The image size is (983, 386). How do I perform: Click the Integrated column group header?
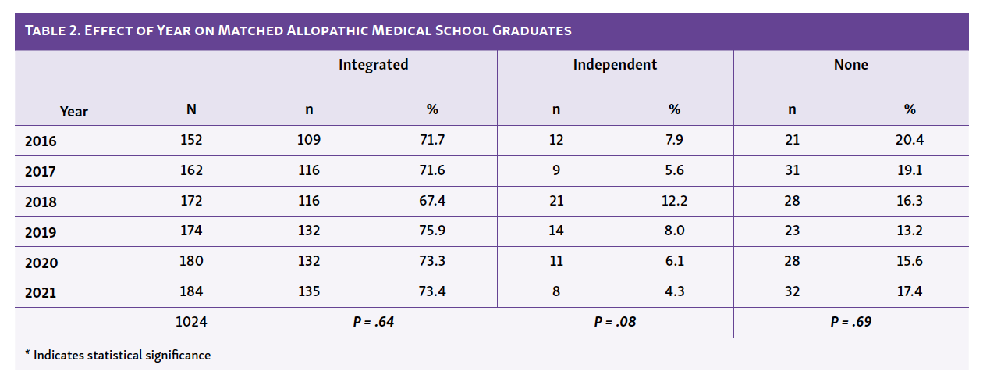point(373,65)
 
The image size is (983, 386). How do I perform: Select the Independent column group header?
point(615,65)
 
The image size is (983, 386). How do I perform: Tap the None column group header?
point(850,65)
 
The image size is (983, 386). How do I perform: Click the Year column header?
point(74,111)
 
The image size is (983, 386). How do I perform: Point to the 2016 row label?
point(41,141)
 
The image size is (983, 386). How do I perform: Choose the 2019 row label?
point(41,233)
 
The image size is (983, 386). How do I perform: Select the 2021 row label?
point(41,293)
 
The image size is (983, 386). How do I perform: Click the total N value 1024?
point(191,321)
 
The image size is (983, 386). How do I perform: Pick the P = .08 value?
point(615,321)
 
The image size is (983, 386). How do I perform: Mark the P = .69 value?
point(850,321)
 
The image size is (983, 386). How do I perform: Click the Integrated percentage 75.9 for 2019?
point(432,231)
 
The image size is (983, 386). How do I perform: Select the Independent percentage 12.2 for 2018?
point(674,201)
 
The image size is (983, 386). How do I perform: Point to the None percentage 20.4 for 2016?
point(910,140)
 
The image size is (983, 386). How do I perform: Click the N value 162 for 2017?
point(191,170)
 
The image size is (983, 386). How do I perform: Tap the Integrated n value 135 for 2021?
point(309,291)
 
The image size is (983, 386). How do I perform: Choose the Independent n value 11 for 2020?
point(555,261)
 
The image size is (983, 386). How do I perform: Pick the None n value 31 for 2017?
point(792,170)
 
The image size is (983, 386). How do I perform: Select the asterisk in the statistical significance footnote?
point(27,354)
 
